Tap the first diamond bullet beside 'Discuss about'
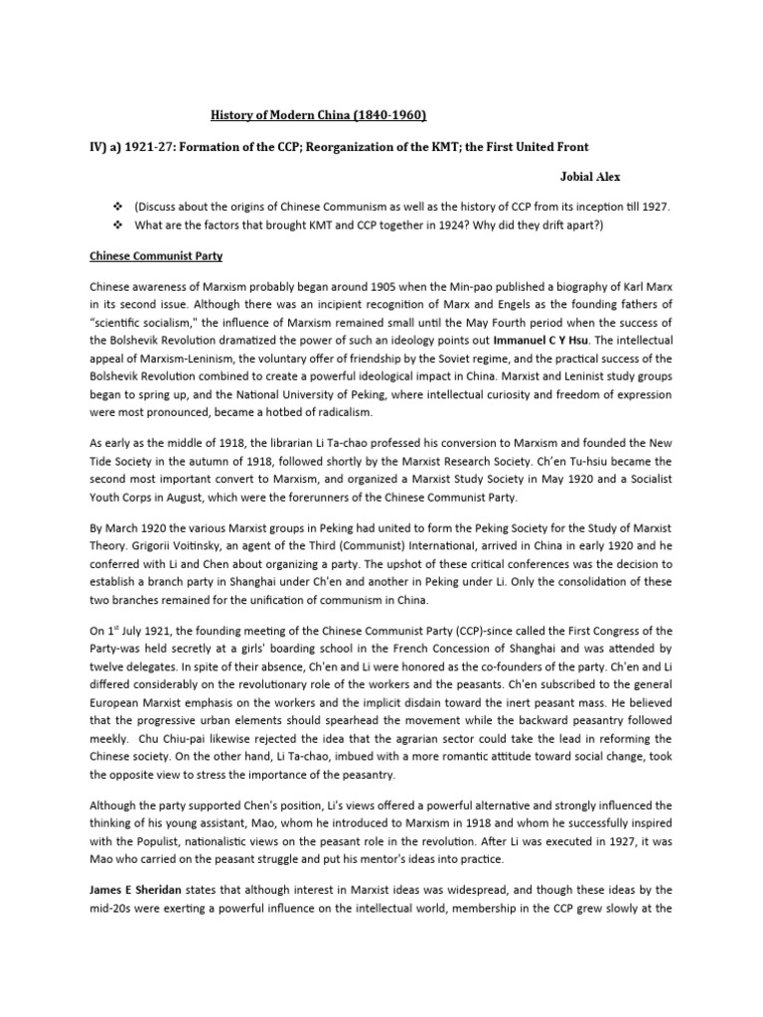[x=118, y=206]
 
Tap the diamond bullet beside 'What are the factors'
[x=118, y=225]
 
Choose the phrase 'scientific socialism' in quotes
[x=148, y=323]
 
